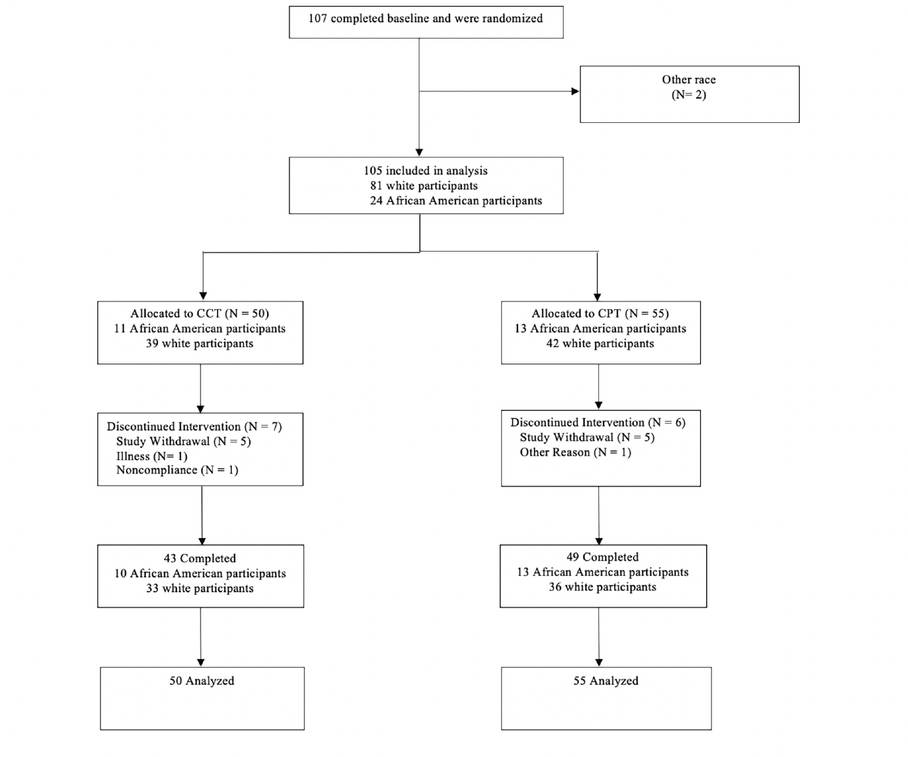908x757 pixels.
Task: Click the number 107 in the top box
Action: tap(317, 18)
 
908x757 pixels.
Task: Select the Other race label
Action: tap(689, 80)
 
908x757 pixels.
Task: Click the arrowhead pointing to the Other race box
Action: tap(575, 92)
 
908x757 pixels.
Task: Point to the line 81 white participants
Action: tap(424, 186)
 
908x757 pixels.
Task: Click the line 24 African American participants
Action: tap(456, 201)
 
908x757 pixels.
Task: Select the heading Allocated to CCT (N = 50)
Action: tap(200, 313)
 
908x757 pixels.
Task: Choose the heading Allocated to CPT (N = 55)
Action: tap(600, 313)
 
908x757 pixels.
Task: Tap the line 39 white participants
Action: tap(200, 343)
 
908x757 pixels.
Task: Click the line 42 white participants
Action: tap(600, 343)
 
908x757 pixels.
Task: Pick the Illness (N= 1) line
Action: tap(152, 456)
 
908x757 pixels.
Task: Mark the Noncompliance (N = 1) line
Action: tap(177, 470)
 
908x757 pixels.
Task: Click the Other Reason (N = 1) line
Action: tap(576, 452)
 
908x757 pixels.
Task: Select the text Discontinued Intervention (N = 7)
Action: tap(195, 427)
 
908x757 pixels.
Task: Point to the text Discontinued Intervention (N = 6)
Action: tap(598, 422)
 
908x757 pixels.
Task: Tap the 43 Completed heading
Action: tap(200, 558)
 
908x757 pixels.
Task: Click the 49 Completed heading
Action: tap(602, 557)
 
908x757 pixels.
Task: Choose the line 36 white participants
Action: tap(602, 587)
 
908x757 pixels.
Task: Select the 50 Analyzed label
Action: tap(202, 681)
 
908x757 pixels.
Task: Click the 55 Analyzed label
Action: tap(606, 681)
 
